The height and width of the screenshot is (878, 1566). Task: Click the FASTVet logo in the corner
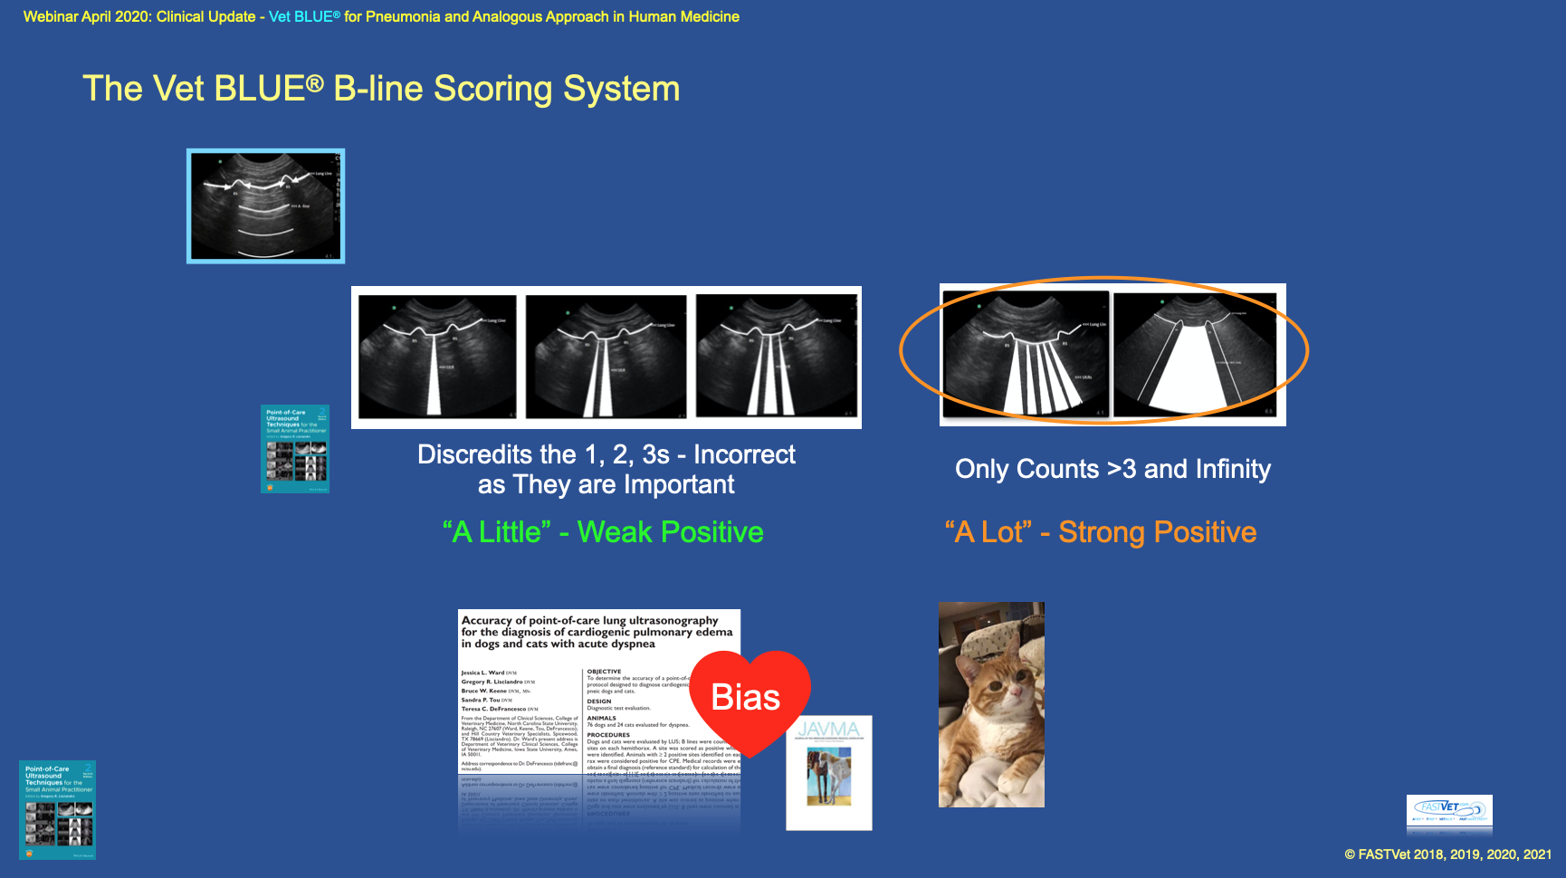[1449, 811]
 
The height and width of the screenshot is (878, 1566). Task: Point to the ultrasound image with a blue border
[266, 206]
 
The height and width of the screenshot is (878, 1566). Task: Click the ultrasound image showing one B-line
[438, 357]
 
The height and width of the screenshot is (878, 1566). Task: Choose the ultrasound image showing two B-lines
[606, 357]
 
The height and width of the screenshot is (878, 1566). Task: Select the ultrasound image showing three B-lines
[776, 357]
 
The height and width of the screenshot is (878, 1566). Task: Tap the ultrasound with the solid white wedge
[1194, 355]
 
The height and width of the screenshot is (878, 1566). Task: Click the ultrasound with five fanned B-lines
[1026, 355]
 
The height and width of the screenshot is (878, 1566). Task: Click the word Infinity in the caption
[1232, 469]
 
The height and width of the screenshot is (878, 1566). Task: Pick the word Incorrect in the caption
[744, 454]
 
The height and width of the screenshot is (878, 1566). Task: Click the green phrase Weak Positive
[670, 532]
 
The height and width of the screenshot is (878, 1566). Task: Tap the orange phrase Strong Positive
[1157, 532]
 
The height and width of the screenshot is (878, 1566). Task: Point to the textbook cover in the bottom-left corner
[58, 810]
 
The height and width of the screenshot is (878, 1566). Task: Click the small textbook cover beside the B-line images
[295, 449]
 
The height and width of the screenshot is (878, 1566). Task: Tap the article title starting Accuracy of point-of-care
[597, 632]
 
